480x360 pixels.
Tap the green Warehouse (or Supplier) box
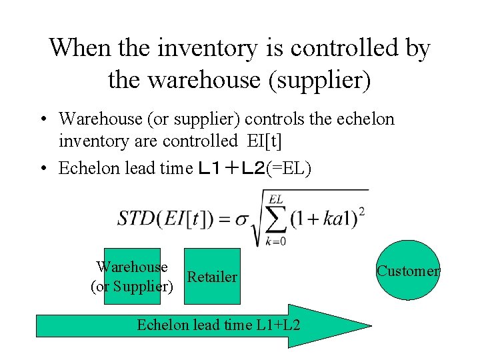pyautogui.click(x=131, y=276)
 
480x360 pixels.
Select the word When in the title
pyautogui.click(x=79, y=47)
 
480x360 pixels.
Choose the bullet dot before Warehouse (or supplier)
pyautogui.click(x=42, y=120)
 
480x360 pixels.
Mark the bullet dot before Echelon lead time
pyautogui.click(x=42, y=168)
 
